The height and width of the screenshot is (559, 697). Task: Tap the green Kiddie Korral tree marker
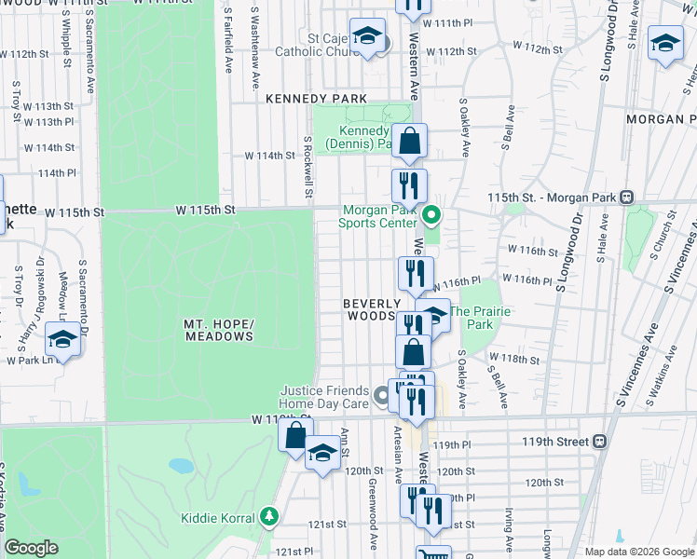tap(269, 515)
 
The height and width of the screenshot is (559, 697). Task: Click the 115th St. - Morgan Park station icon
tap(627, 197)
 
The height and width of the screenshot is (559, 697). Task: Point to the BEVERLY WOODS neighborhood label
tap(372, 310)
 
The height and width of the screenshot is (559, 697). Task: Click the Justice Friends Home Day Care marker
tap(381, 398)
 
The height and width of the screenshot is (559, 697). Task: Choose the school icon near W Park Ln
tap(62, 339)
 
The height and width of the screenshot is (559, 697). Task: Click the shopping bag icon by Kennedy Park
tap(409, 143)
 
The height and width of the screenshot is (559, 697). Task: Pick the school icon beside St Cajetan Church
tap(368, 36)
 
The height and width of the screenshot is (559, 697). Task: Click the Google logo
tap(32, 548)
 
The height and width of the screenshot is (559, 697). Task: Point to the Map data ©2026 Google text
tap(638, 551)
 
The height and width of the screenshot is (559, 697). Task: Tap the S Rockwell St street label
tap(307, 169)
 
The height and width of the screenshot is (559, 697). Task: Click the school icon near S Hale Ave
tap(665, 44)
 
